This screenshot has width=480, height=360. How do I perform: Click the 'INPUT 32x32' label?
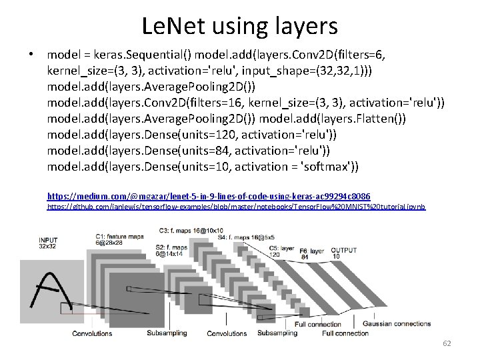(48, 243)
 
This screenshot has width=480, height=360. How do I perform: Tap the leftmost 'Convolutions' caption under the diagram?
(92, 333)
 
